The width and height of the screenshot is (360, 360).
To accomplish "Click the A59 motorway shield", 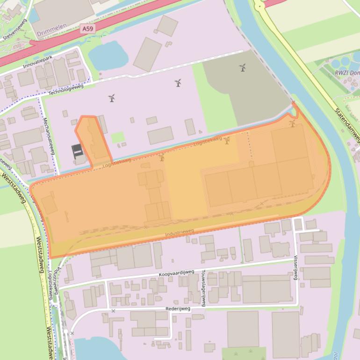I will pyautogui.click(x=86, y=29).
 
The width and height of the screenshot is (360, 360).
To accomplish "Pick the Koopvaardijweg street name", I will pyautogui.click(x=177, y=273).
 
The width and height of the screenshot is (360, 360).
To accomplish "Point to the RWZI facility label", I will pyautogui.click(x=346, y=73).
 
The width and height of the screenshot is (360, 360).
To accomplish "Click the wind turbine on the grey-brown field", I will pyautogui.click(x=243, y=68).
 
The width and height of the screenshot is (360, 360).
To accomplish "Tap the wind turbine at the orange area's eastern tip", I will pyautogui.click(x=293, y=123).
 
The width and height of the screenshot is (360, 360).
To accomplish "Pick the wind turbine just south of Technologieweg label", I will pyautogui.click(x=112, y=98).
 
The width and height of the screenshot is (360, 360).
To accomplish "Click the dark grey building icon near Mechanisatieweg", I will pyautogui.click(x=77, y=151).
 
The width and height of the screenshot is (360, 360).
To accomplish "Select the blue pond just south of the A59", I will pyautogui.click(x=108, y=56).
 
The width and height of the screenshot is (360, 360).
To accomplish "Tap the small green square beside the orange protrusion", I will pyautogui.click(x=118, y=137).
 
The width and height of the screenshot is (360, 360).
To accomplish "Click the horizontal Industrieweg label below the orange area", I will pyautogui.click(x=180, y=232).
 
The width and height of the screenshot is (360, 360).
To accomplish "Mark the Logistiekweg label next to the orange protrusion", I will pyautogui.click(x=116, y=162).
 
